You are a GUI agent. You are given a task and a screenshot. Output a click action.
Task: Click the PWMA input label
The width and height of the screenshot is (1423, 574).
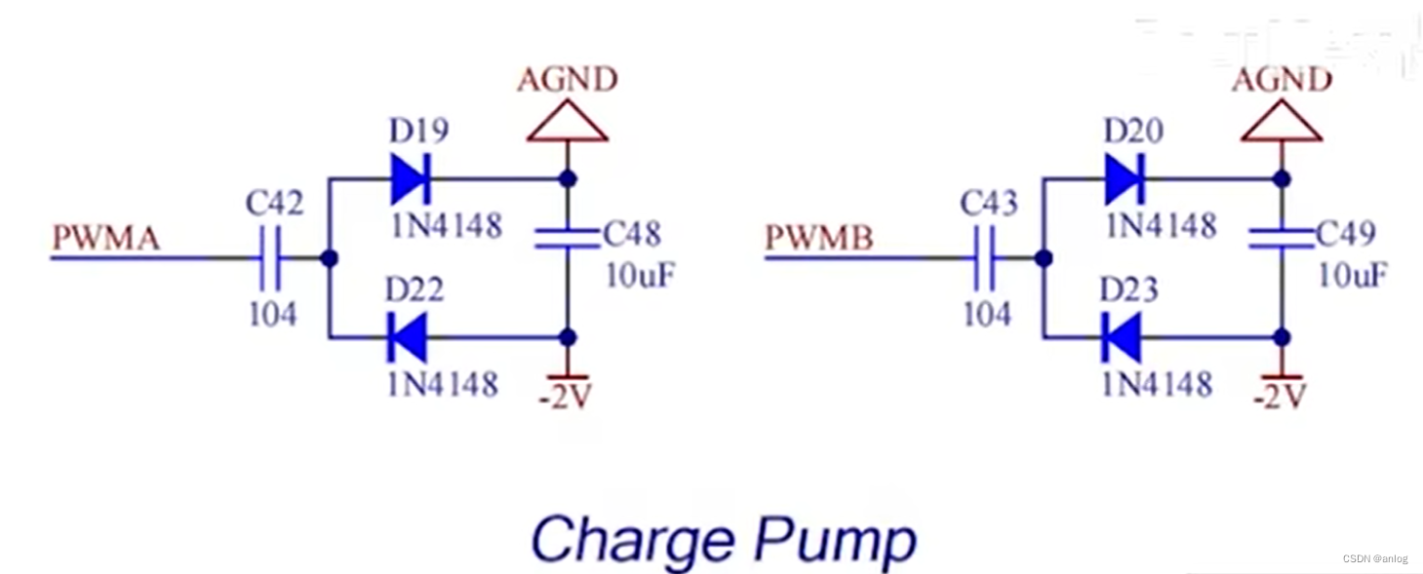tap(106, 238)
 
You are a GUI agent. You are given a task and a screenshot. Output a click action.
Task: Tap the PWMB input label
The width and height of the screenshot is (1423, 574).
tap(819, 238)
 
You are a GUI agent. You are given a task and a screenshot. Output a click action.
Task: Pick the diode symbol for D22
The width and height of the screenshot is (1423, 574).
tap(408, 338)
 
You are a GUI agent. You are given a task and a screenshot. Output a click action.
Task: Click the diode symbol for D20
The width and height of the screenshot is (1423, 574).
tap(1125, 179)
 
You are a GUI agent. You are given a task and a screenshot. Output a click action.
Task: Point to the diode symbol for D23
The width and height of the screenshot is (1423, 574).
tap(1122, 338)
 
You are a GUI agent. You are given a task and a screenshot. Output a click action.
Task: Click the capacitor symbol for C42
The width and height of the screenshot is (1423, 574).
tap(271, 258)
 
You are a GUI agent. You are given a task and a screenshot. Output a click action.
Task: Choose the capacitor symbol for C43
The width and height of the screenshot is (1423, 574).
tap(985, 258)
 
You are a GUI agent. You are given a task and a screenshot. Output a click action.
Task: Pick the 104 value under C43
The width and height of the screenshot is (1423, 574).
tap(987, 314)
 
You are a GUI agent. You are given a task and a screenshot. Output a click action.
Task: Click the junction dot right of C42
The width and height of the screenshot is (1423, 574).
tap(330, 258)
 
